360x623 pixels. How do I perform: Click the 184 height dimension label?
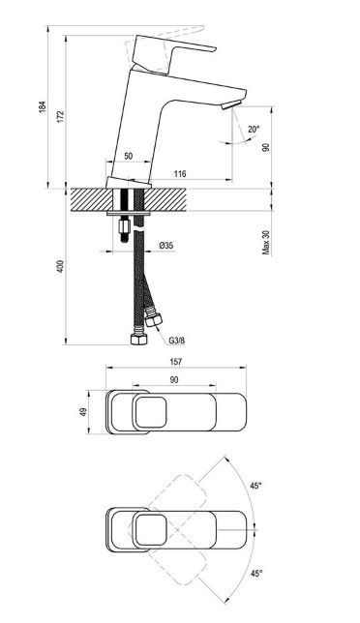(x=43, y=106)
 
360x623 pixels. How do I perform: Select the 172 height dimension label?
(x=60, y=116)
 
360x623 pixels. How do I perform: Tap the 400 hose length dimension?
(x=60, y=266)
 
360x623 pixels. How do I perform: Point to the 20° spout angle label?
(x=254, y=129)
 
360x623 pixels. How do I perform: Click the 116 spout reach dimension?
(x=180, y=173)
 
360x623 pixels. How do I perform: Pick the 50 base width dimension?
(x=128, y=156)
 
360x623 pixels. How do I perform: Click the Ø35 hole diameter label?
(x=166, y=246)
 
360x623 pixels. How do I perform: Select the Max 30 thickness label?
(x=266, y=243)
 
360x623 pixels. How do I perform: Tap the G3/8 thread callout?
(x=177, y=341)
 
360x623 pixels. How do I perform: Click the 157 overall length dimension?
(x=175, y=362)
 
